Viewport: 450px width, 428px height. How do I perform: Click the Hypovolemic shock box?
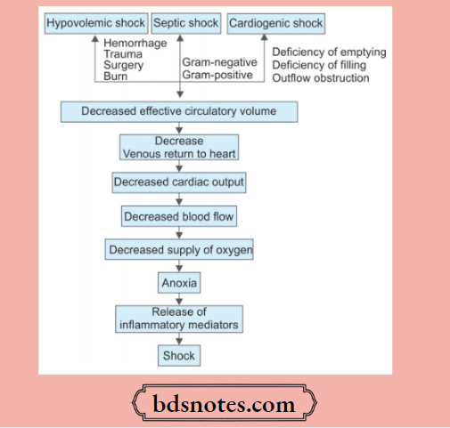[x=95, y=22]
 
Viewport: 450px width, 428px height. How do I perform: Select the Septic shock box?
[x=186, y=22]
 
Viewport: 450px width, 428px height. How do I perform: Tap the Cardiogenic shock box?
[x=276, y=22]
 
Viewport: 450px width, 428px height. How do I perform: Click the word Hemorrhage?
[x=135, y=43]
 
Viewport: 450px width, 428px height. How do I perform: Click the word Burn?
[x=118, y=77]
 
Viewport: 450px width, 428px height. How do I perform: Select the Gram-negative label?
[x=219, y=64]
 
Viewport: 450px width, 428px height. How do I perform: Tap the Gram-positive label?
[x=217, y=77]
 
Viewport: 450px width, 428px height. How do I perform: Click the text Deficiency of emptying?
[x=329, y=52]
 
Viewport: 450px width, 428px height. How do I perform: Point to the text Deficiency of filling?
[x=322, y=65]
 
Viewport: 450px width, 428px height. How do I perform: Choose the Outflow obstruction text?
[x=320, y=77]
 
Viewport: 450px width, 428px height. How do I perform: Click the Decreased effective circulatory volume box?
[x=178, y=112]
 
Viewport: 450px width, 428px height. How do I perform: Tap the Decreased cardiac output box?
[x=179, y=182]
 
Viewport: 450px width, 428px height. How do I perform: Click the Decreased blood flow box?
[x=178, y=216]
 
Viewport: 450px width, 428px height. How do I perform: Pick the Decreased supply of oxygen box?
[x=179, y=251]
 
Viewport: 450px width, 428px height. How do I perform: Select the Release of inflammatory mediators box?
[x=179, y=319]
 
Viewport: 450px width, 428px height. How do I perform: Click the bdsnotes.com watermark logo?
[x=226, y=405]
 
